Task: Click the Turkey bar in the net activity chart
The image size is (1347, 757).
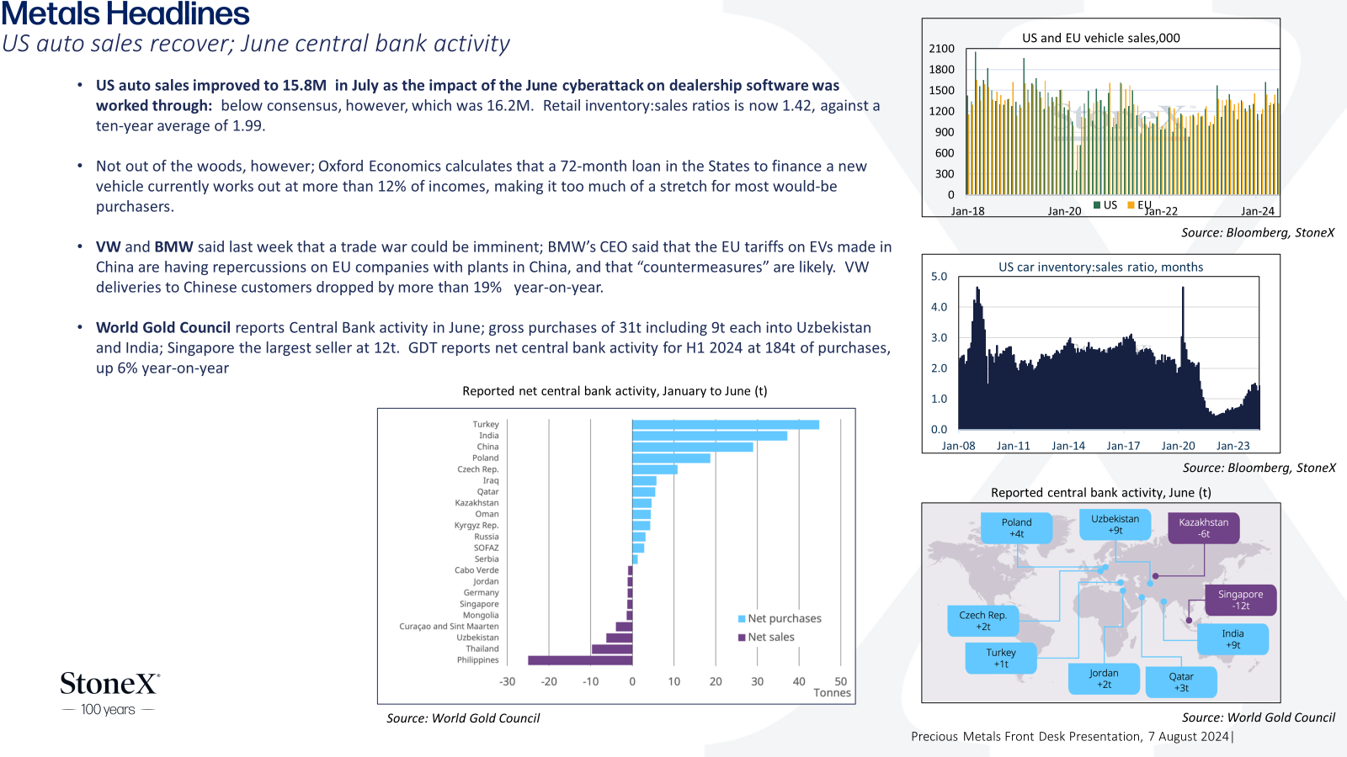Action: pos(725,425)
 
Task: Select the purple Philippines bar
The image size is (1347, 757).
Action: pos(580,660)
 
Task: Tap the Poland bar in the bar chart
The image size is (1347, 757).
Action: pos(671,458)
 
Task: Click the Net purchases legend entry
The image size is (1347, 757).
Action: pos(780,618)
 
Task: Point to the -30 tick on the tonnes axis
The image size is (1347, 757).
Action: pos(507,681)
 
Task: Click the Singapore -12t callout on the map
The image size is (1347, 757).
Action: pos(1241,600)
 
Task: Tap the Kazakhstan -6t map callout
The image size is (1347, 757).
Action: pos(1203,527)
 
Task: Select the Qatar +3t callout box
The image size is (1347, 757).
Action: pos(1181,682)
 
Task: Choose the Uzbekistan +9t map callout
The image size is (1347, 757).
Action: pos(1115,525)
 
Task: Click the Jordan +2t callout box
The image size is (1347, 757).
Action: pos(1104,678)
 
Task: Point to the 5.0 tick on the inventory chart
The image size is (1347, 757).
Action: pos(939,277)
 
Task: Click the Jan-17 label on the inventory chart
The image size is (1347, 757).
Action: pos(1123,446)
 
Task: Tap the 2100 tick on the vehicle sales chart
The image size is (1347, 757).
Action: pos(942,49)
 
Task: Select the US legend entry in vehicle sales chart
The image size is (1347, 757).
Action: pos(1105,205)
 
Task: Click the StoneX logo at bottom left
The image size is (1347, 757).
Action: pos(109,693)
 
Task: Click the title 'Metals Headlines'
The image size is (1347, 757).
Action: pos(125,13)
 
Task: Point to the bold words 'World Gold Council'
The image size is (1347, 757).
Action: pos(163,327)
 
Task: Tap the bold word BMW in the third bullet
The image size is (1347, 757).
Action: pos(173,247)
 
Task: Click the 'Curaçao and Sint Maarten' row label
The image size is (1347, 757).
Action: pos(449,626)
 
